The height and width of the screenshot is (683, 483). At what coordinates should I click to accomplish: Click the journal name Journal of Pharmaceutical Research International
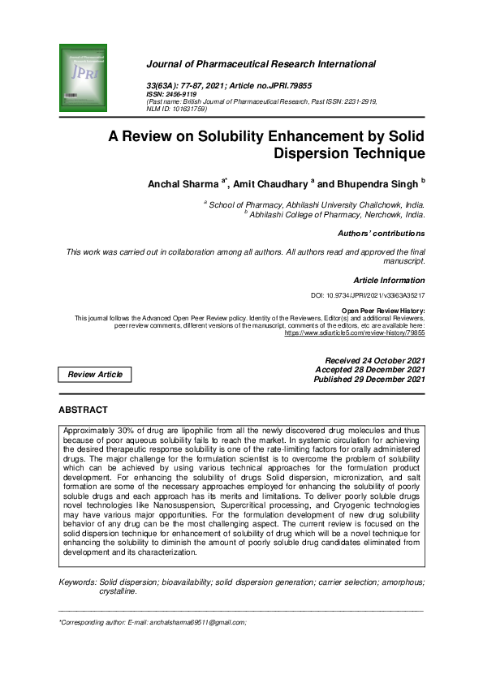pos(261,64)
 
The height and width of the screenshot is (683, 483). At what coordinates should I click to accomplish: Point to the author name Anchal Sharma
pos(183,184)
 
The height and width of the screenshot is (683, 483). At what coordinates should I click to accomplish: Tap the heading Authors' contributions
pos(381,234)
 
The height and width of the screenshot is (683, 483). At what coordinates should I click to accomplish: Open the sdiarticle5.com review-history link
pos(366,333)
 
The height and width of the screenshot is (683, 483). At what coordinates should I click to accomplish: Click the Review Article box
pos(95,374)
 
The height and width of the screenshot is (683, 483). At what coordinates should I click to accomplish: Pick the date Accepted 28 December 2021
pos(369,369)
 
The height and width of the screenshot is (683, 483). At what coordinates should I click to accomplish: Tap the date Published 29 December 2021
pos(369,379)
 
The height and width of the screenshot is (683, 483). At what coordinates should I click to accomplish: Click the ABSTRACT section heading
pos(83,410)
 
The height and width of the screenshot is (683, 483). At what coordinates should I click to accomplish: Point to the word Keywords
pos(77,582)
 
